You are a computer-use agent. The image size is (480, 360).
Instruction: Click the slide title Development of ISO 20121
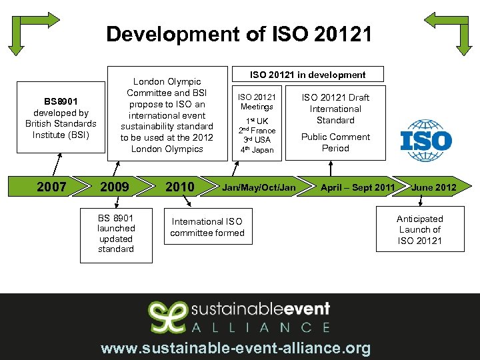239,34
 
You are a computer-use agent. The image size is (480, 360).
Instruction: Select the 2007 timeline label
51,187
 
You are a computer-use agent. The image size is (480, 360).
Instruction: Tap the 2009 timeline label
115,187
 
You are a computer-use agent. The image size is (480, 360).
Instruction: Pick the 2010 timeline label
179,187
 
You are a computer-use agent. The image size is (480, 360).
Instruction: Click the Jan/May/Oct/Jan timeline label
259,187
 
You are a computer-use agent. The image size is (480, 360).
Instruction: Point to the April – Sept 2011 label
357,187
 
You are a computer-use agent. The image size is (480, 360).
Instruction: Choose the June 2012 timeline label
434,187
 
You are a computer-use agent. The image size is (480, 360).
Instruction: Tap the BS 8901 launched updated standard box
116,233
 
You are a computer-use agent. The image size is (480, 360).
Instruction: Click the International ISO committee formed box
207,227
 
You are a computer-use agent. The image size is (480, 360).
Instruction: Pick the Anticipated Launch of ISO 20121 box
419,229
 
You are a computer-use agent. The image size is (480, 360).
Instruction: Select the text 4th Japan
257,149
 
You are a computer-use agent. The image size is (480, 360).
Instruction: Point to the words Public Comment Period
335,143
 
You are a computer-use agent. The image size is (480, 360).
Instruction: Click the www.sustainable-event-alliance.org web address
235,348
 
